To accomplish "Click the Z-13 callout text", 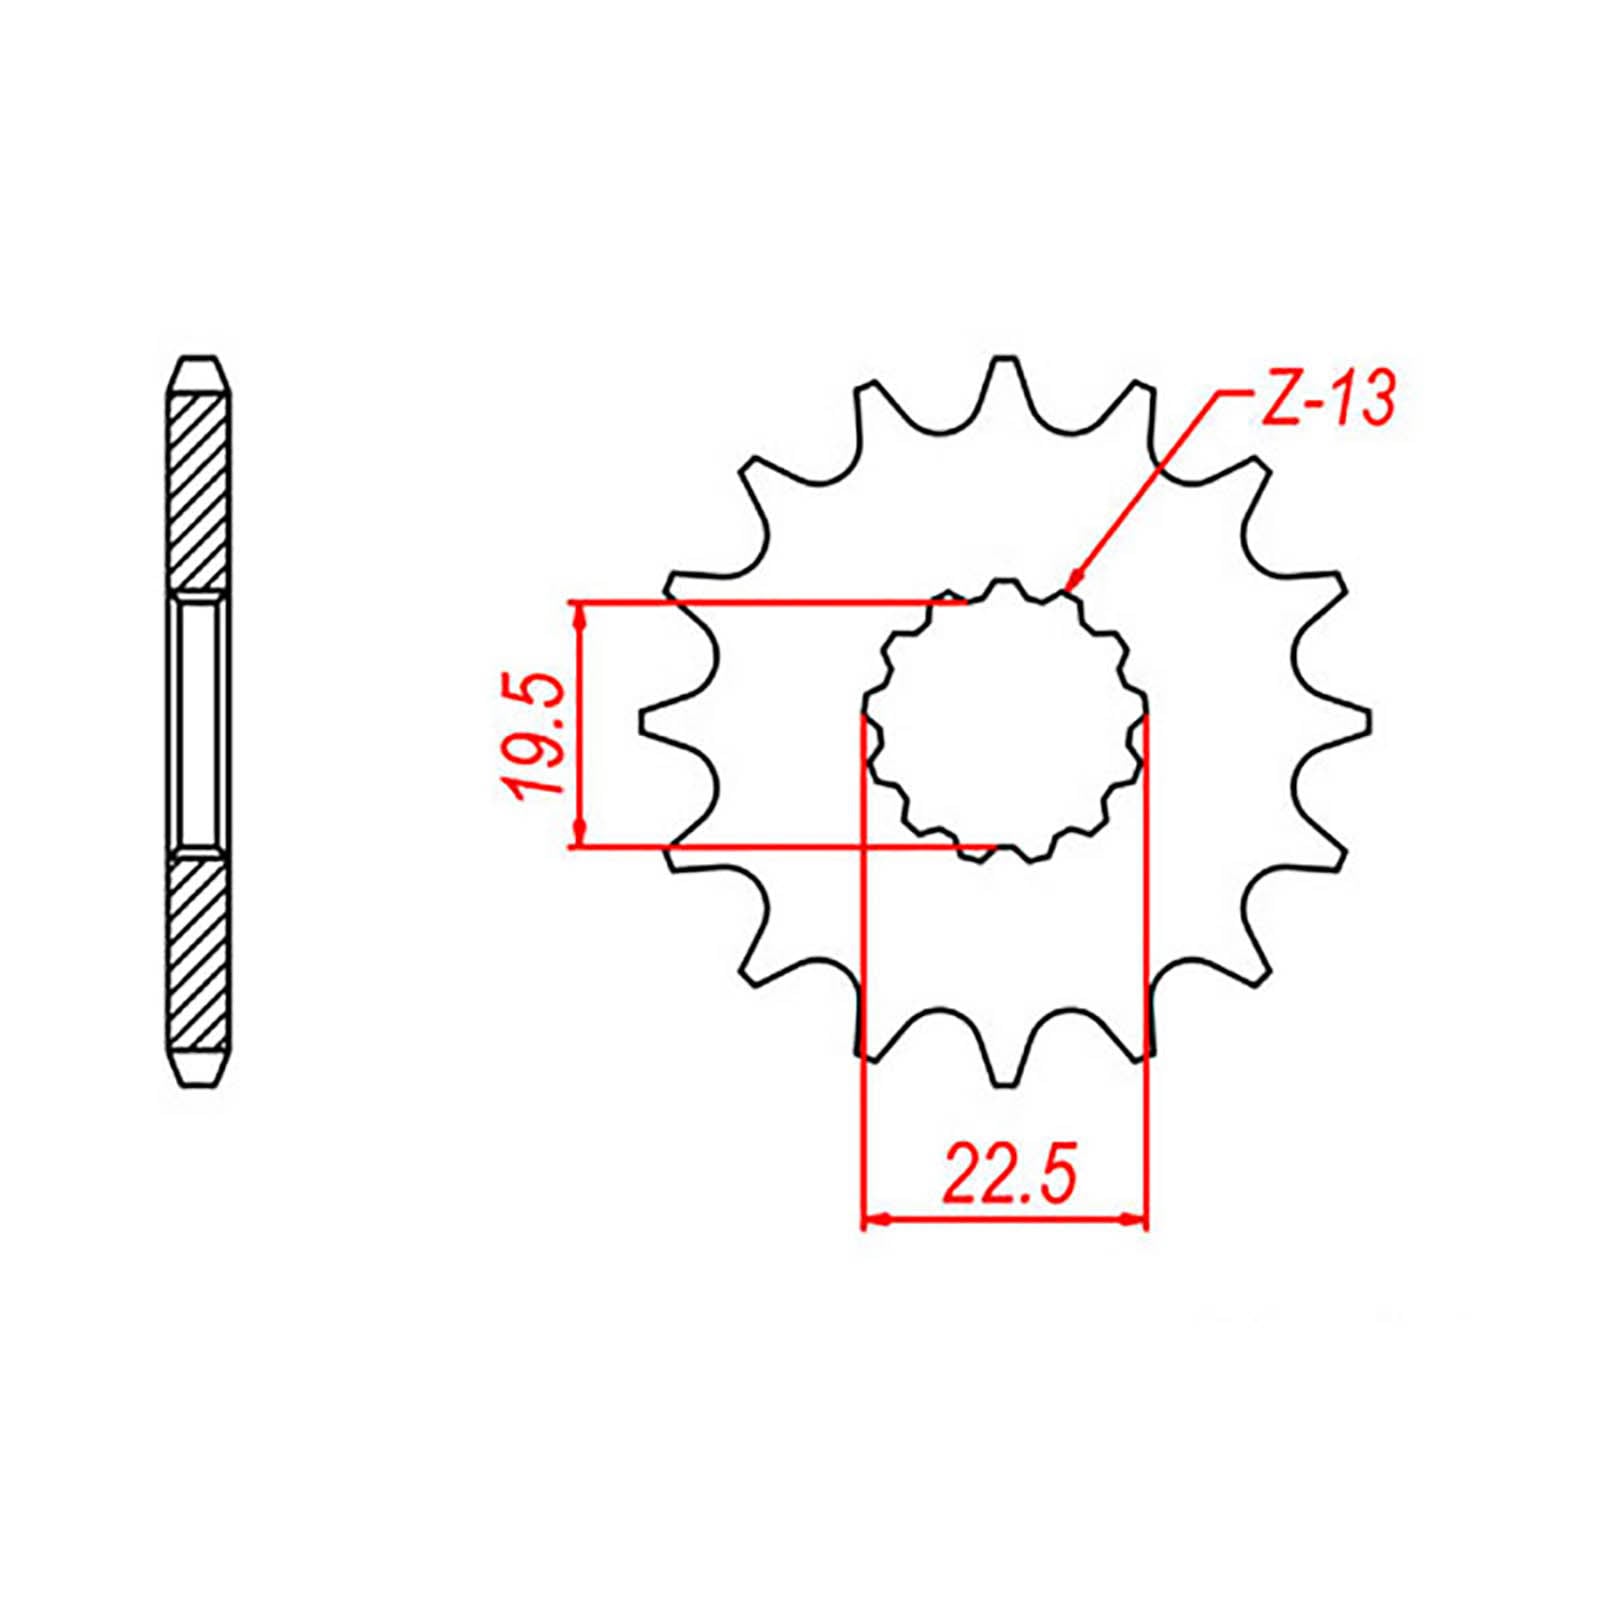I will [1325, 400].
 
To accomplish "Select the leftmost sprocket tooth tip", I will [641, 720].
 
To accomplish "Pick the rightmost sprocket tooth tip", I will [1367, 720].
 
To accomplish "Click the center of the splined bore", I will [1004, 720].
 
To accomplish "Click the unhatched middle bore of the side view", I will [199, 720].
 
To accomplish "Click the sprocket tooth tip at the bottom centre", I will [1004, 1083].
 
